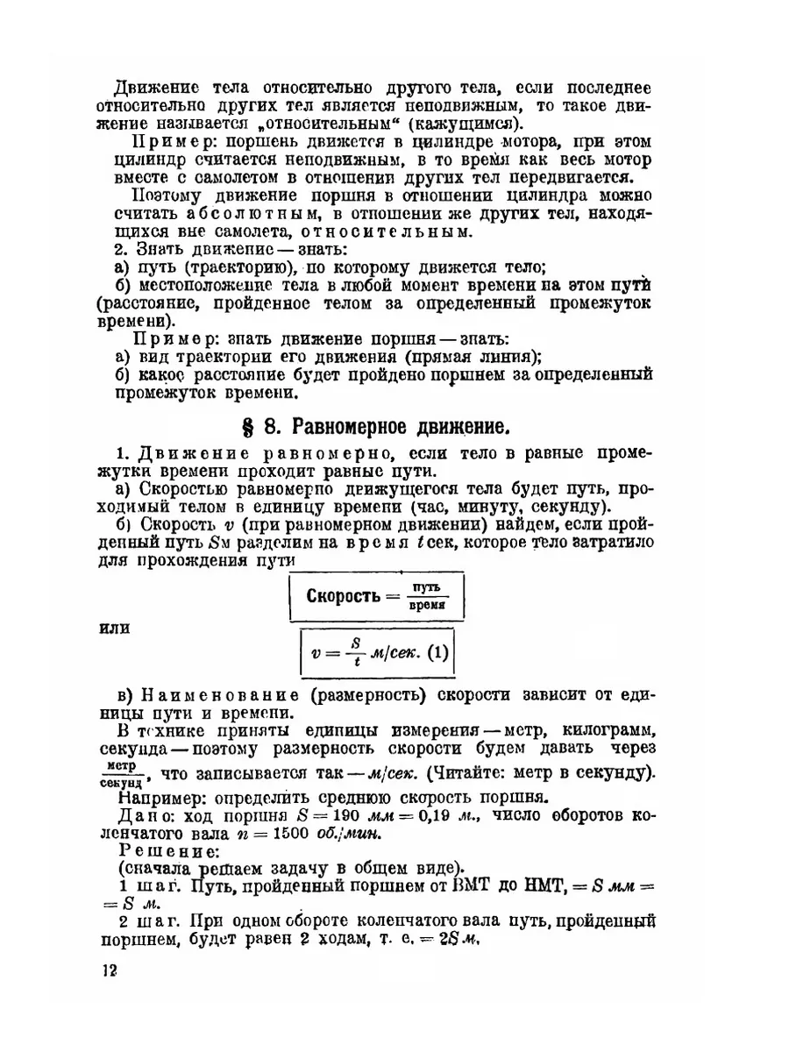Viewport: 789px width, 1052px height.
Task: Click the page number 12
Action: (x=109, y=970)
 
